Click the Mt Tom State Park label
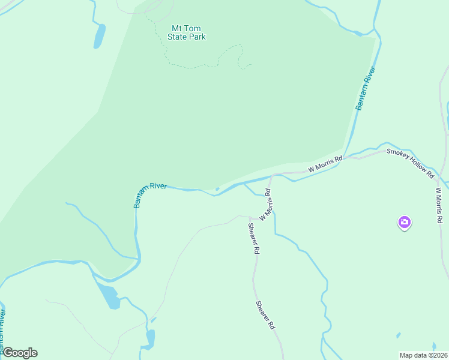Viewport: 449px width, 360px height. pos(188,32)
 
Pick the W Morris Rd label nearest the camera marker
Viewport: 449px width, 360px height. pos(439,205)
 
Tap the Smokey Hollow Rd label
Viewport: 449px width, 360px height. pos(411,163)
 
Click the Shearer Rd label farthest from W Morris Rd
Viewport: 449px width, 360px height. pos(265,315)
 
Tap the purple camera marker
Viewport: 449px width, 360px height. pos(405,223)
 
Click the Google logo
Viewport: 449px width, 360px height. pos(20,353)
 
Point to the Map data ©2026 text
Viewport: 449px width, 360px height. pos(423,355)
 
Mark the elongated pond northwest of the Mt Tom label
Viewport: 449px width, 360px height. pos(99,36)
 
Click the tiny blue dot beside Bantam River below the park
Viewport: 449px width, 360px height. pos(217,189)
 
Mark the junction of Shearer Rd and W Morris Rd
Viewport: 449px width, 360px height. pos(250,217)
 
